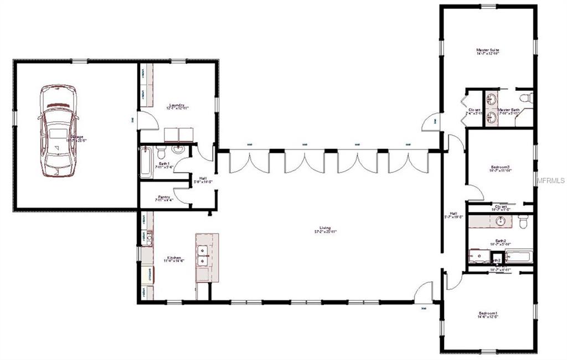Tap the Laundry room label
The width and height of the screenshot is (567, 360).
click(x=177, y=105)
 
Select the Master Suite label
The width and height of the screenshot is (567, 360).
click(x=488, y=50)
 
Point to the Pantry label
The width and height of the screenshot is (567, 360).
click(x=163, y=197)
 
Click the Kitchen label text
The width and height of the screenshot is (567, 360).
click(x=175, y=258)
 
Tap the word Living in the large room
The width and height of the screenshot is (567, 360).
click(x=325, y=228)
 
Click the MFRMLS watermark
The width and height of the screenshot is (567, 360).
click(x=550, y=180)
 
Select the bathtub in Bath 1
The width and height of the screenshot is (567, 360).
click(x=146, y=162)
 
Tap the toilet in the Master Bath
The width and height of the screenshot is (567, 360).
click(x=527, y=98)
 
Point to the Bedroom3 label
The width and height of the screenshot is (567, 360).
click(x=499, y=167)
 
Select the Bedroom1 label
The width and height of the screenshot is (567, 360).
click(x=488, y=315)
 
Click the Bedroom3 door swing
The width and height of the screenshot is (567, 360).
click(x=475, y=193)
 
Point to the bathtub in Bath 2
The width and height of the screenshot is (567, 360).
click(x=518, y=256)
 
